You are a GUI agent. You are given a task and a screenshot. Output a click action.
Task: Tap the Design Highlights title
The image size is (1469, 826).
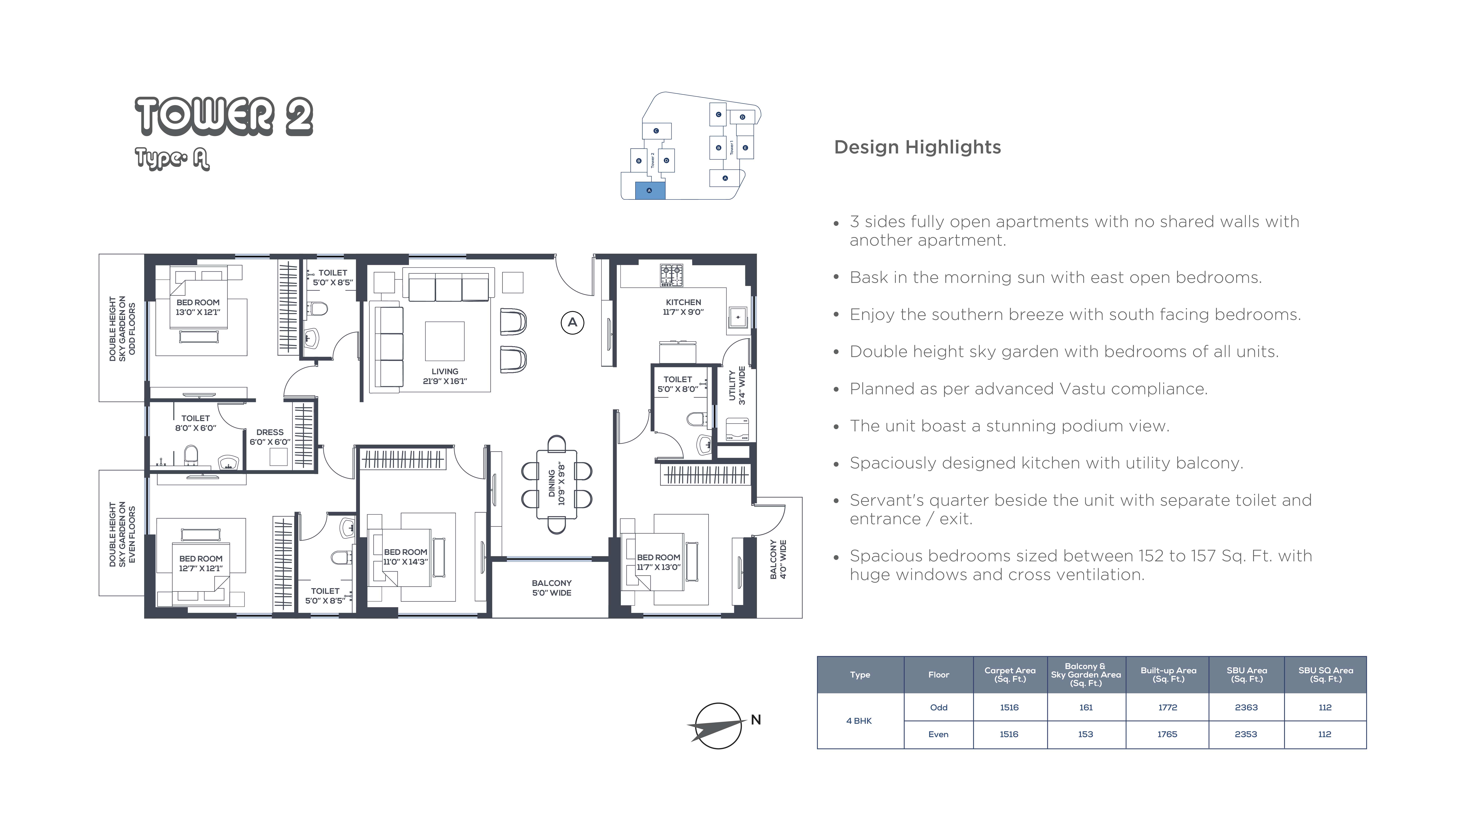coord(917,147)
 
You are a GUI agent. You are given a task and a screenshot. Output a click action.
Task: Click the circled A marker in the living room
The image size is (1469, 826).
coord(573,323)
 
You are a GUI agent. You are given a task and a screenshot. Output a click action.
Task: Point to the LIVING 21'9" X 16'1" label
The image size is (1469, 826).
coord(445,376)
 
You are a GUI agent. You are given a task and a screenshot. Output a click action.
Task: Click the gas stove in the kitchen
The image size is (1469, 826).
coord(672,275)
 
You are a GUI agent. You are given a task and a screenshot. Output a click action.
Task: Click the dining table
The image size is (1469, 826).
coord(557,484)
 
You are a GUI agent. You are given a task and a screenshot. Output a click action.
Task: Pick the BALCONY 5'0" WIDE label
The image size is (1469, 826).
coord(551,588)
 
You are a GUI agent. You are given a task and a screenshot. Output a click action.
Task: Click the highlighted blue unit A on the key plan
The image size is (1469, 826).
coord(650,190)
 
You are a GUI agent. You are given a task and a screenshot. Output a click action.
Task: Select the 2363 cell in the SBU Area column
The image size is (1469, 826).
coord(1246,707)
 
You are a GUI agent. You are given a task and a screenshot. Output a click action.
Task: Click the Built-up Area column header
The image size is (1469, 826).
coord(1168,674)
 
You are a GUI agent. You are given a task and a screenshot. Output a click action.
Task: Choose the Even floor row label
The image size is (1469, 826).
coord(938,734)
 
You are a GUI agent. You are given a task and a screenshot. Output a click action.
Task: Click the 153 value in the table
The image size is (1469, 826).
coord(1085,734)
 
